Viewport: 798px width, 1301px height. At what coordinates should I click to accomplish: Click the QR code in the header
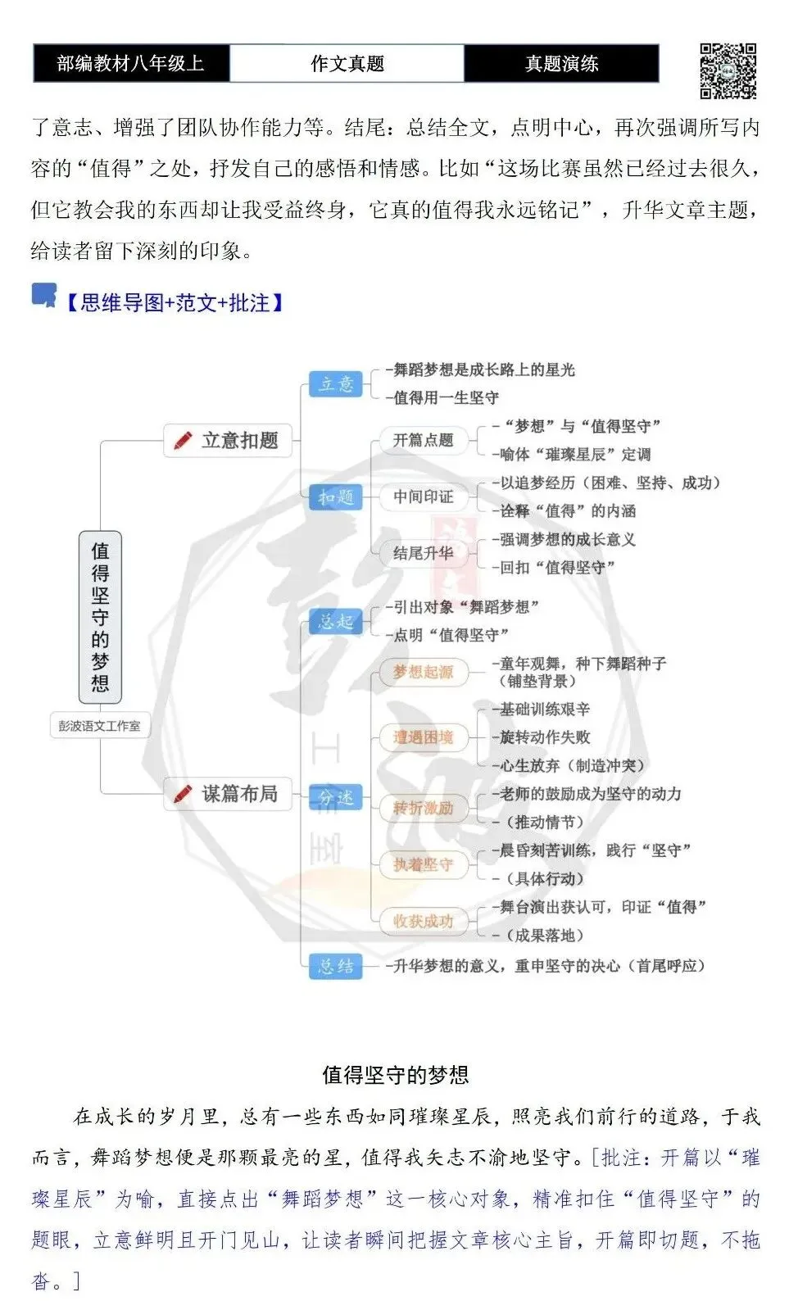click(728, 70)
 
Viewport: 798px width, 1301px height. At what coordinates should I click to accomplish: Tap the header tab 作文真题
click(347, 63)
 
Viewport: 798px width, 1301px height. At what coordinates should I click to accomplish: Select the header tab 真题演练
click(561, 63)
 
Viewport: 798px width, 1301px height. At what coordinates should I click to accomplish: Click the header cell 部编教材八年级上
click(131, 63)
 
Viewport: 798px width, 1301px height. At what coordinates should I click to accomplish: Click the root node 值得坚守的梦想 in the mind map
click(100, 617)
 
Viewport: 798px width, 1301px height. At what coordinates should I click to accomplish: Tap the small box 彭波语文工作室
click(99, 725)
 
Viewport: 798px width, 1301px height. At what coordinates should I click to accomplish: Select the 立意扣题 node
click(227, 440)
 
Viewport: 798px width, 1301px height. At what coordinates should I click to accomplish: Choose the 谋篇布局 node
click(227, 793)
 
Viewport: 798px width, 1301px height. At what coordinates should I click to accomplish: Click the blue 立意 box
click(336, 384)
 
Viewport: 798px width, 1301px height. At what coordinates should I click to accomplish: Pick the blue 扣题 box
click(336, 497)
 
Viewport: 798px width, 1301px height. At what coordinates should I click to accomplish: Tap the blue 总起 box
click(336, 622)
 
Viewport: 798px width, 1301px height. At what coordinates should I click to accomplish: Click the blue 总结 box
click(336, 966)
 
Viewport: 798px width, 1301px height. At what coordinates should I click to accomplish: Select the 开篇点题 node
click(424, 440)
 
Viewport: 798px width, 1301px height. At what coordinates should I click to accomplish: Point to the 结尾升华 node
click(424, 553)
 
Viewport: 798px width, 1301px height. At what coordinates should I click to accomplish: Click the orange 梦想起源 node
click(424, 672)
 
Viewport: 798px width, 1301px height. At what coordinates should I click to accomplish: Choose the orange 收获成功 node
click(424, 921)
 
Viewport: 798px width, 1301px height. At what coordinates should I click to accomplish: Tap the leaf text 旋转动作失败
click(545, 737)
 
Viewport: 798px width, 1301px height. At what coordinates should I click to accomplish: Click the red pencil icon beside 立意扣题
click(183, 440)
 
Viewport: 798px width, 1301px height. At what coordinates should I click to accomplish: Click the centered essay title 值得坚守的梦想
click(396, 1075)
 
